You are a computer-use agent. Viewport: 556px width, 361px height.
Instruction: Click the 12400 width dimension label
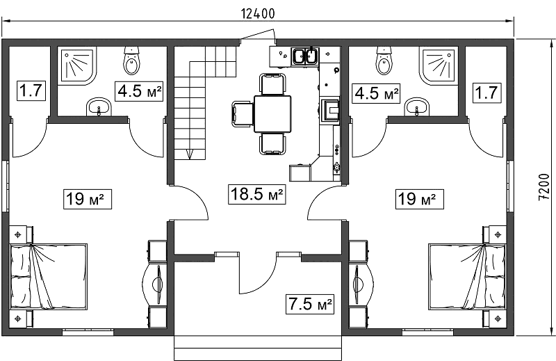tap(258, 13)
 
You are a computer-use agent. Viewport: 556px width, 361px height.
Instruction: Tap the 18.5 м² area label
tap(256, 194)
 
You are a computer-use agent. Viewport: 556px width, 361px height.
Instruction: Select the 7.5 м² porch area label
tap(310, 304)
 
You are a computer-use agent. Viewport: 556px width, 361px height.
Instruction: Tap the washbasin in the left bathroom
tap(99, 107)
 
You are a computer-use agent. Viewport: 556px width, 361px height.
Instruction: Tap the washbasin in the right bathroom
tap(417, 107)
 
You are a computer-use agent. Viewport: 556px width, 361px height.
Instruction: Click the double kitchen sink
tap(305, 56)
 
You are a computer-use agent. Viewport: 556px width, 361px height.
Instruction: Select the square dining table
tap(272, 113)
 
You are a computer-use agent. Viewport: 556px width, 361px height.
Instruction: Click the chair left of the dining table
tap(243, 113)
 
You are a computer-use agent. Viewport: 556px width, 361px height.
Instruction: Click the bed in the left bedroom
tap(49, 277)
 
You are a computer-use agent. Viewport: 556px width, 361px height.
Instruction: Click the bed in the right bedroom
tap(467, 277)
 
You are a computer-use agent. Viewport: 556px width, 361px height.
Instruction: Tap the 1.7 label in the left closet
tap(31, 91)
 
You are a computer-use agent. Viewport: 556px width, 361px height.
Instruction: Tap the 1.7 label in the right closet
tap(486, 93)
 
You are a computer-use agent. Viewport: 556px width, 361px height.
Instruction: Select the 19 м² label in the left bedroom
tap(88, 199)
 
